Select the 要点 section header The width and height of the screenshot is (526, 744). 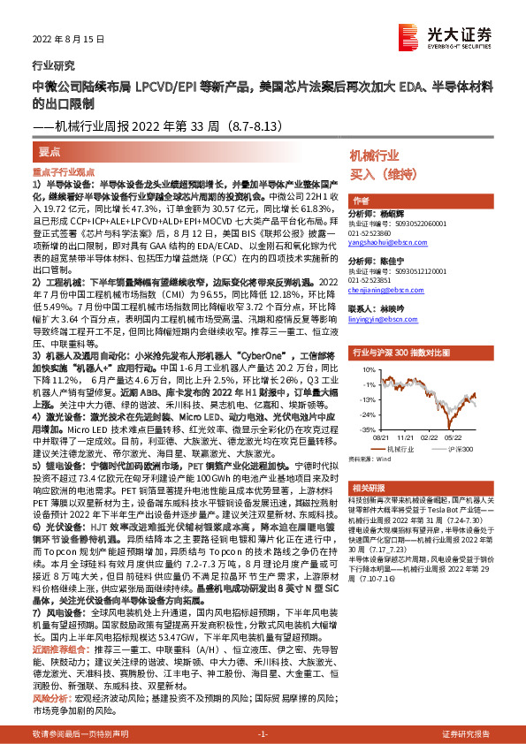pyautogui.click(x=51, y=152)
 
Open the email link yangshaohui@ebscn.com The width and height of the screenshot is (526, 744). pyautogui.click(x=385, y=239)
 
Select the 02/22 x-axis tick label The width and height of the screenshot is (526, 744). pyautogui.click(x=428, y=437)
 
